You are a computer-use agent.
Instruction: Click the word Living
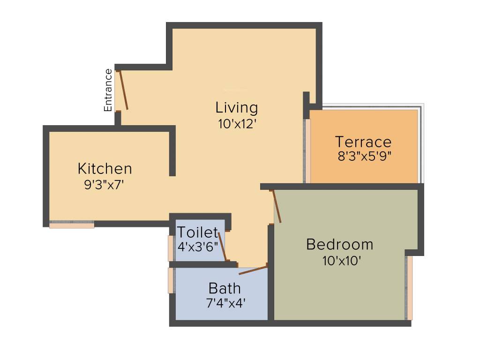point(237,108)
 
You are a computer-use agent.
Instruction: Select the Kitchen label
point(105,168)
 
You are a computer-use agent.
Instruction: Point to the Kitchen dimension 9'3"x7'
point(104,184)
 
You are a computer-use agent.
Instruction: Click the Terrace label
point(363,142)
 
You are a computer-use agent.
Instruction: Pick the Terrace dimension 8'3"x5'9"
point(364,156)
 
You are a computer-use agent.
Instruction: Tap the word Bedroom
point(339,245)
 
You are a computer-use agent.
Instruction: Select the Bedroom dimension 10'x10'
point(341,261)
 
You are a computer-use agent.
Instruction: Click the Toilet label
point(197,232)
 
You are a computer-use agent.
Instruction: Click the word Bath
point(225,288)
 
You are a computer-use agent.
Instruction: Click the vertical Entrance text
point(108,90)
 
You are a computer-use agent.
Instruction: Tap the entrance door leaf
point(123,90)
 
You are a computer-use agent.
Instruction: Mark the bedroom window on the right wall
point(409,288)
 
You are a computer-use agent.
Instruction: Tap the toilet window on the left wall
point(171,248)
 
